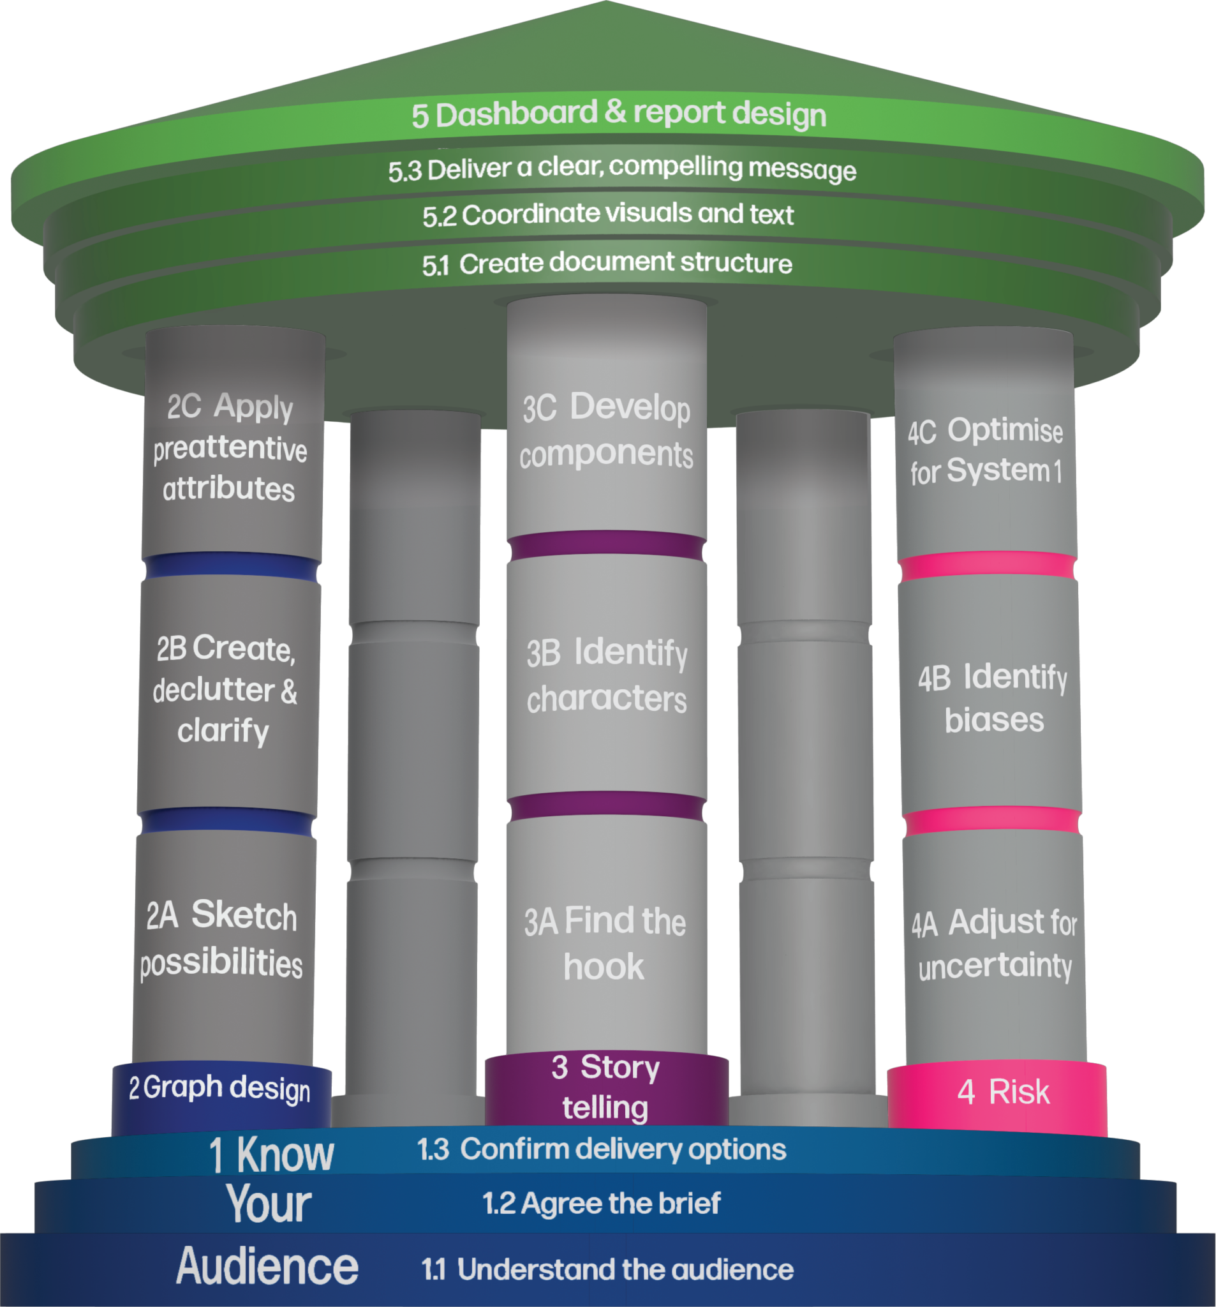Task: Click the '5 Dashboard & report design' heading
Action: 618,114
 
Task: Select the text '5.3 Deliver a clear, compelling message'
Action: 622,169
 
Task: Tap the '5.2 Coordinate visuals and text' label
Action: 608,214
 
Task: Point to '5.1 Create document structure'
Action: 607,264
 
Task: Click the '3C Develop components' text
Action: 606,431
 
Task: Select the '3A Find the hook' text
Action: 605,944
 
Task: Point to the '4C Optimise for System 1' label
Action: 986,451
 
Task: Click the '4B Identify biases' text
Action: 993,698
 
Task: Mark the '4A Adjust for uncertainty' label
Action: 995,944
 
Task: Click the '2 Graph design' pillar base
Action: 220,1089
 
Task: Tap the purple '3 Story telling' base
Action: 605,1087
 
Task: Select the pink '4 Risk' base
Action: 1003,1092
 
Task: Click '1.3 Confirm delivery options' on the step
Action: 602,1149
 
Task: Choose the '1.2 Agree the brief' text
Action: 602,1204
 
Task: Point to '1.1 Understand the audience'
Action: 607,1269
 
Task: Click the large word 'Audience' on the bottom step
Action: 267,1267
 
